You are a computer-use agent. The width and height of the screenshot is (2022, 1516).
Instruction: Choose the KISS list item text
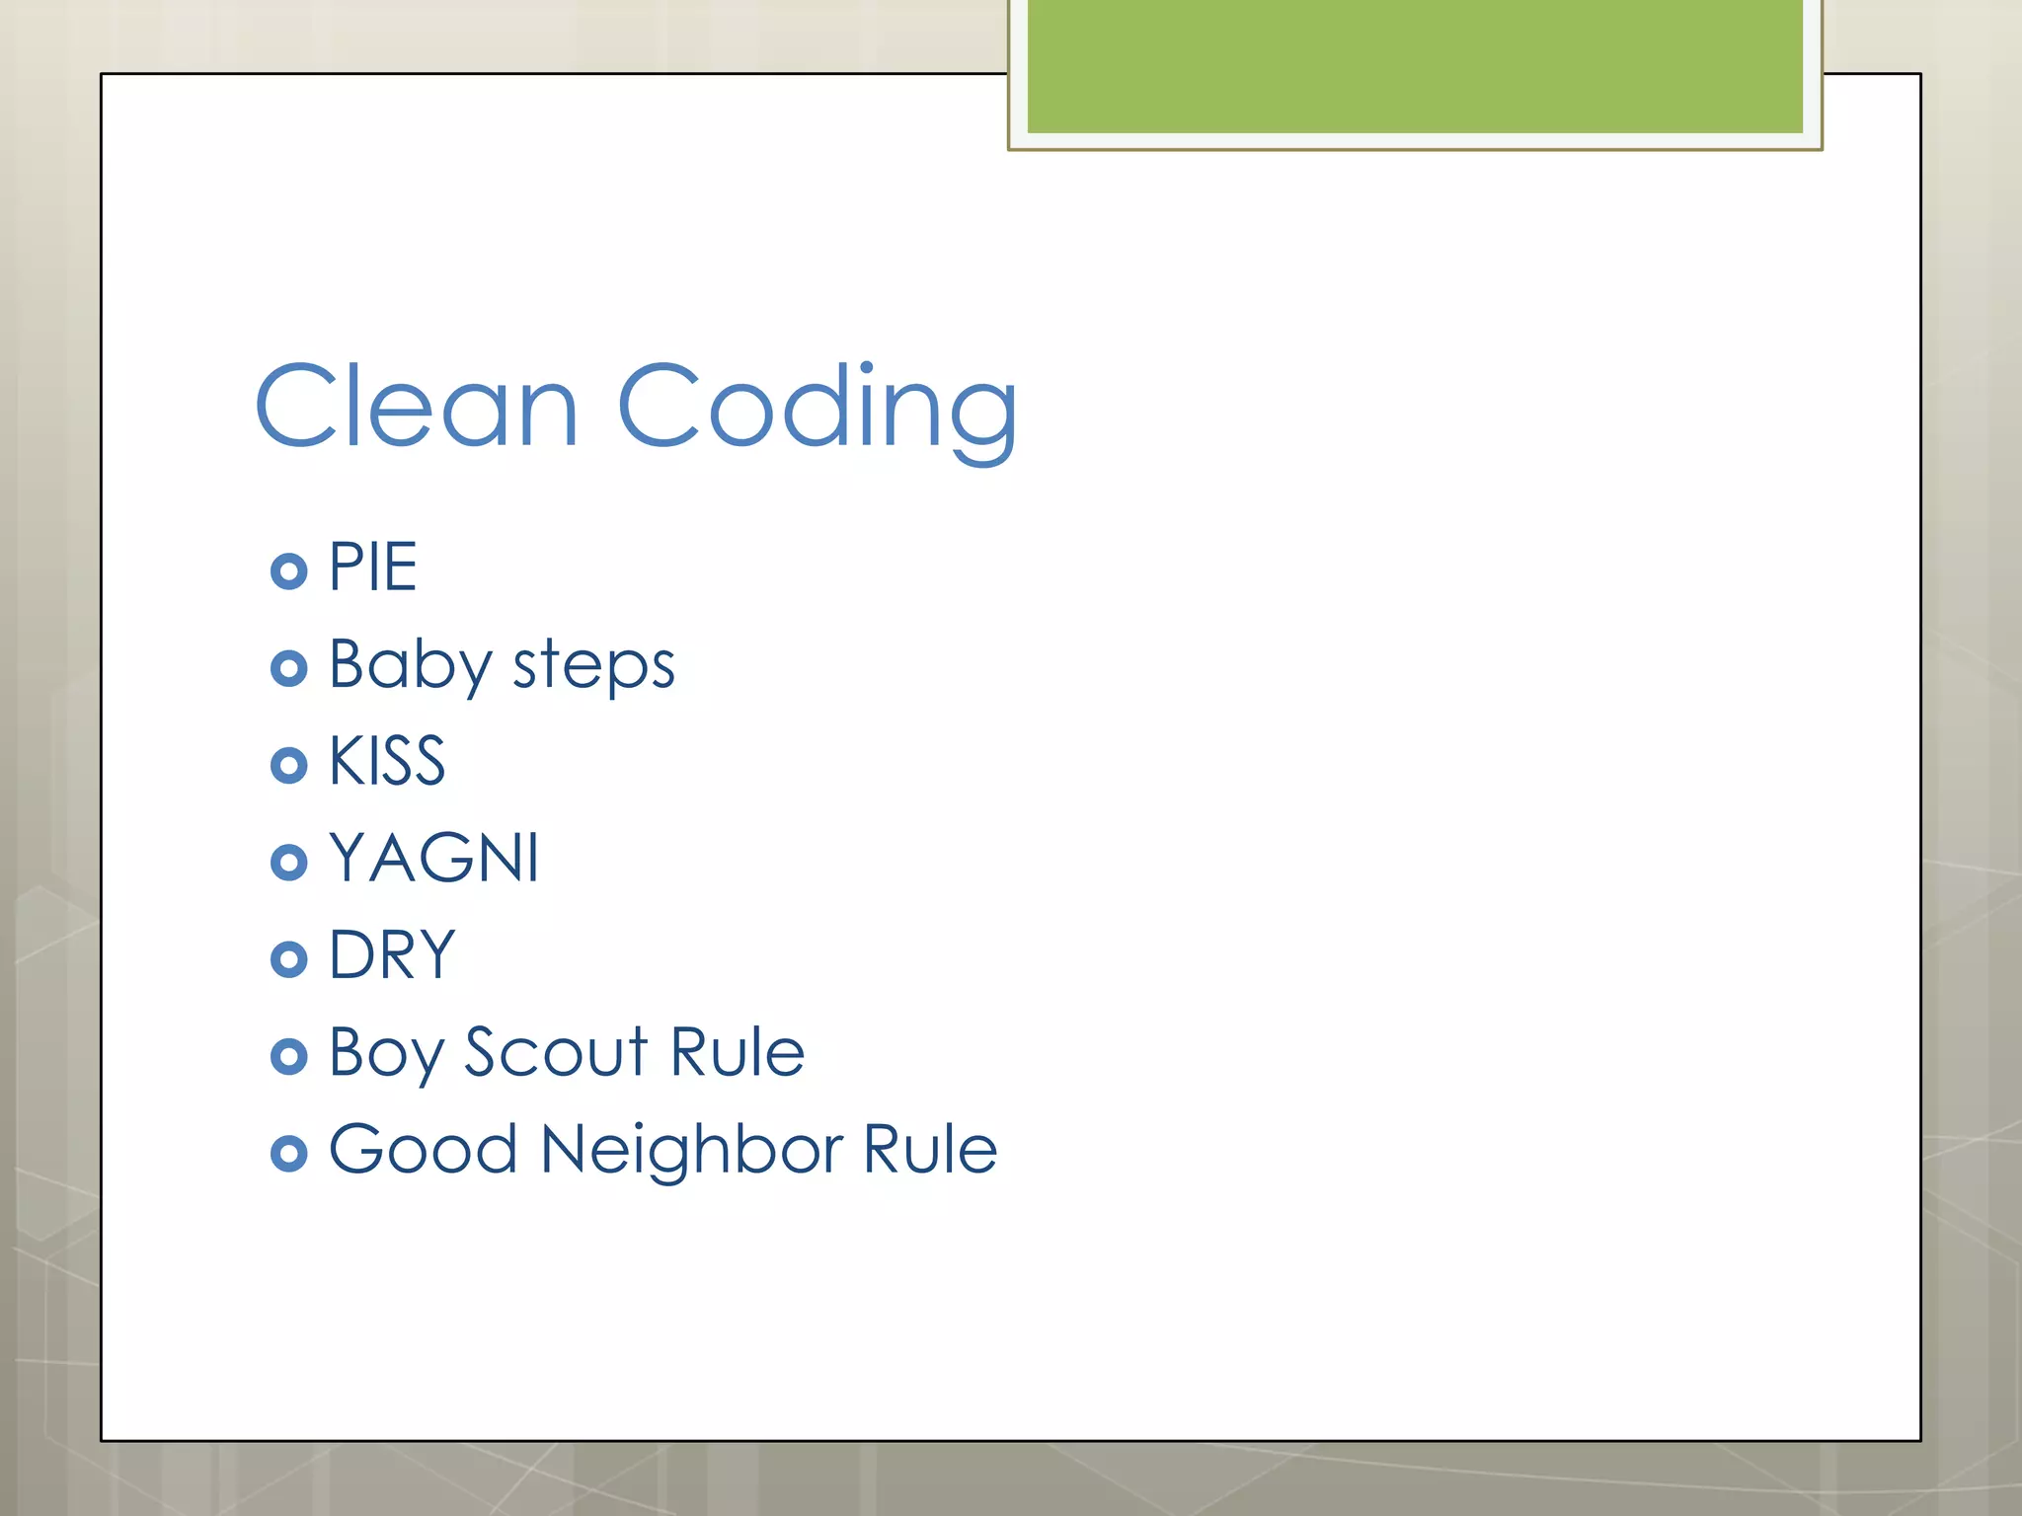pos(386,761)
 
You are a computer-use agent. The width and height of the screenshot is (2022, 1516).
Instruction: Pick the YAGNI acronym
pos(433,858)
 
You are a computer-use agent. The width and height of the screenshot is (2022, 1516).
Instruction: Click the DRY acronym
pos(392,954)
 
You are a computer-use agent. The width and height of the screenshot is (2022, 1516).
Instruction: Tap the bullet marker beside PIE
pos(288,571)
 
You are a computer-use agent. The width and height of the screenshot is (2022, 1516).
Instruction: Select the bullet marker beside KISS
pos(288,765)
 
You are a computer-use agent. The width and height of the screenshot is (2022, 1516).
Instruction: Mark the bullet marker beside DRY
pos(288,958)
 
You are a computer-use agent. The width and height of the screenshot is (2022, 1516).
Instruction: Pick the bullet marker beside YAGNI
pos(288,862)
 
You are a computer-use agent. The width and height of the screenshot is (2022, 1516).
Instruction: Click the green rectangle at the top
pos(1415,66)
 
